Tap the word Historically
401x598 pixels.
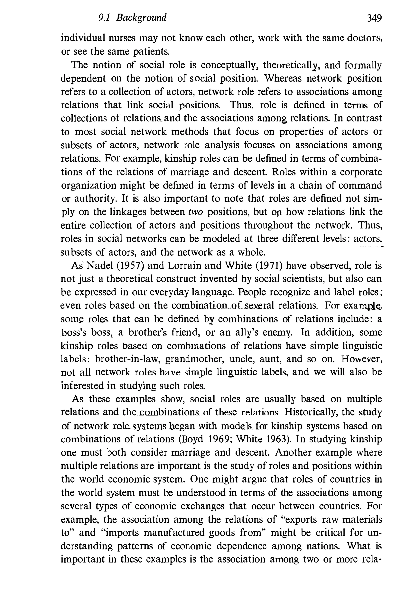point(311,412)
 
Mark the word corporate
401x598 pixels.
point(361,172)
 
